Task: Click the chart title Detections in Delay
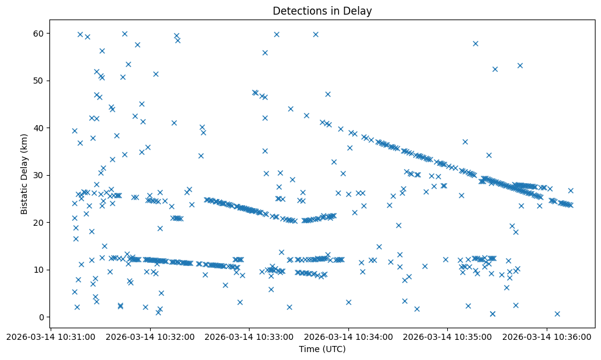coord(322,11)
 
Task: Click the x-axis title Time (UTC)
coord(322,349)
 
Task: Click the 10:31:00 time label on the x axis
coord(52,336)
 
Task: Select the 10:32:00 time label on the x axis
coord(151,336)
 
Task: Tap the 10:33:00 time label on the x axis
coord(250,336)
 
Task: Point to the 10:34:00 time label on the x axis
coord(349,336)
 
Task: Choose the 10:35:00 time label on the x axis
coord(448,336)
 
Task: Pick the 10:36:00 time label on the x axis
coord(547,336)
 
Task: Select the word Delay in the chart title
coord(359,11)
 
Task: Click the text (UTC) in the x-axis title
coord(335,349)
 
